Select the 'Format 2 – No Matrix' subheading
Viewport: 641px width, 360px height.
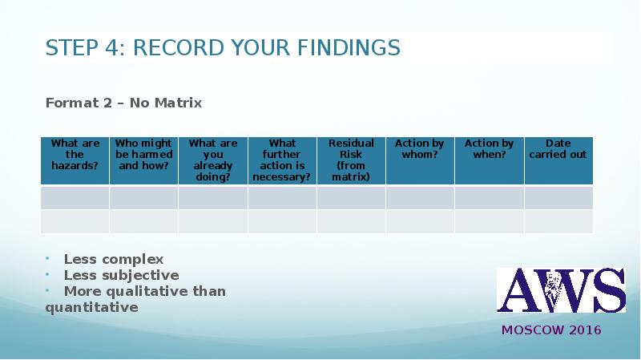click(123, 103)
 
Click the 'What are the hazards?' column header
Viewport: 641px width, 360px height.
click(75, 155)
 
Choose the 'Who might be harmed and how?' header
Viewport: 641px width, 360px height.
click(143, 155)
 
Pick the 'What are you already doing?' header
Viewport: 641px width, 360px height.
click(213, 160)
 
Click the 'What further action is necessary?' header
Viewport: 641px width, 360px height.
click(282, 160)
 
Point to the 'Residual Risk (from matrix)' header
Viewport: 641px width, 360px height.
click(351, 160)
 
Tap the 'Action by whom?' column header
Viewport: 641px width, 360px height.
click(420, 149)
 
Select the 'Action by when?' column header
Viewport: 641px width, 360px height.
click(489, 149)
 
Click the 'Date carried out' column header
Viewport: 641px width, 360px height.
click(558, 149)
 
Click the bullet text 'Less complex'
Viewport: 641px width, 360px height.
click(114, 259)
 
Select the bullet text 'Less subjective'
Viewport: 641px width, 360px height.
click(121, 275)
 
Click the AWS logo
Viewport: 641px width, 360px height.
click(561, 290)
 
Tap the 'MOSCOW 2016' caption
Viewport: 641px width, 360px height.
click(551, 330)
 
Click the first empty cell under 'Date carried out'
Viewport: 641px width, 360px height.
click(558, 198)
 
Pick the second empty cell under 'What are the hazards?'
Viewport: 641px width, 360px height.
click(75, 221)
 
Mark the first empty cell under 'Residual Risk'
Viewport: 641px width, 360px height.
click(351, 198)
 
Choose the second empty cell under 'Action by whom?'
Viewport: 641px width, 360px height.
click(420, 221)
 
